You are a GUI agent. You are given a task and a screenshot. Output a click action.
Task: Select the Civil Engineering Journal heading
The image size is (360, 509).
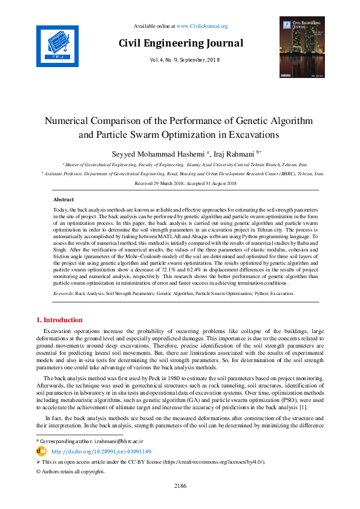(x=180, y=43)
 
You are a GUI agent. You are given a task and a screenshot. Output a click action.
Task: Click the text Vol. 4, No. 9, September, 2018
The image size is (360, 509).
(x=180, y=59)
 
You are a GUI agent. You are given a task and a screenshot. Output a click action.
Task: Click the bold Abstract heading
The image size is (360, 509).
(x=64, y=199)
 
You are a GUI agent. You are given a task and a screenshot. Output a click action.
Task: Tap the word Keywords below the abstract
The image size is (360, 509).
(x=63, y=293)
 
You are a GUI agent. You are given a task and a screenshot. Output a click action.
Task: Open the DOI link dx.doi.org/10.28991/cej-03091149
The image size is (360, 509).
(x=101, y=451)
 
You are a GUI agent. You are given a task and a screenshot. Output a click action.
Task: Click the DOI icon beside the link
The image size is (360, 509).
(x=42, y=451)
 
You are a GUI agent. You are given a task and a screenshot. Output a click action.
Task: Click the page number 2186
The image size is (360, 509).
(x=180, y=485)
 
